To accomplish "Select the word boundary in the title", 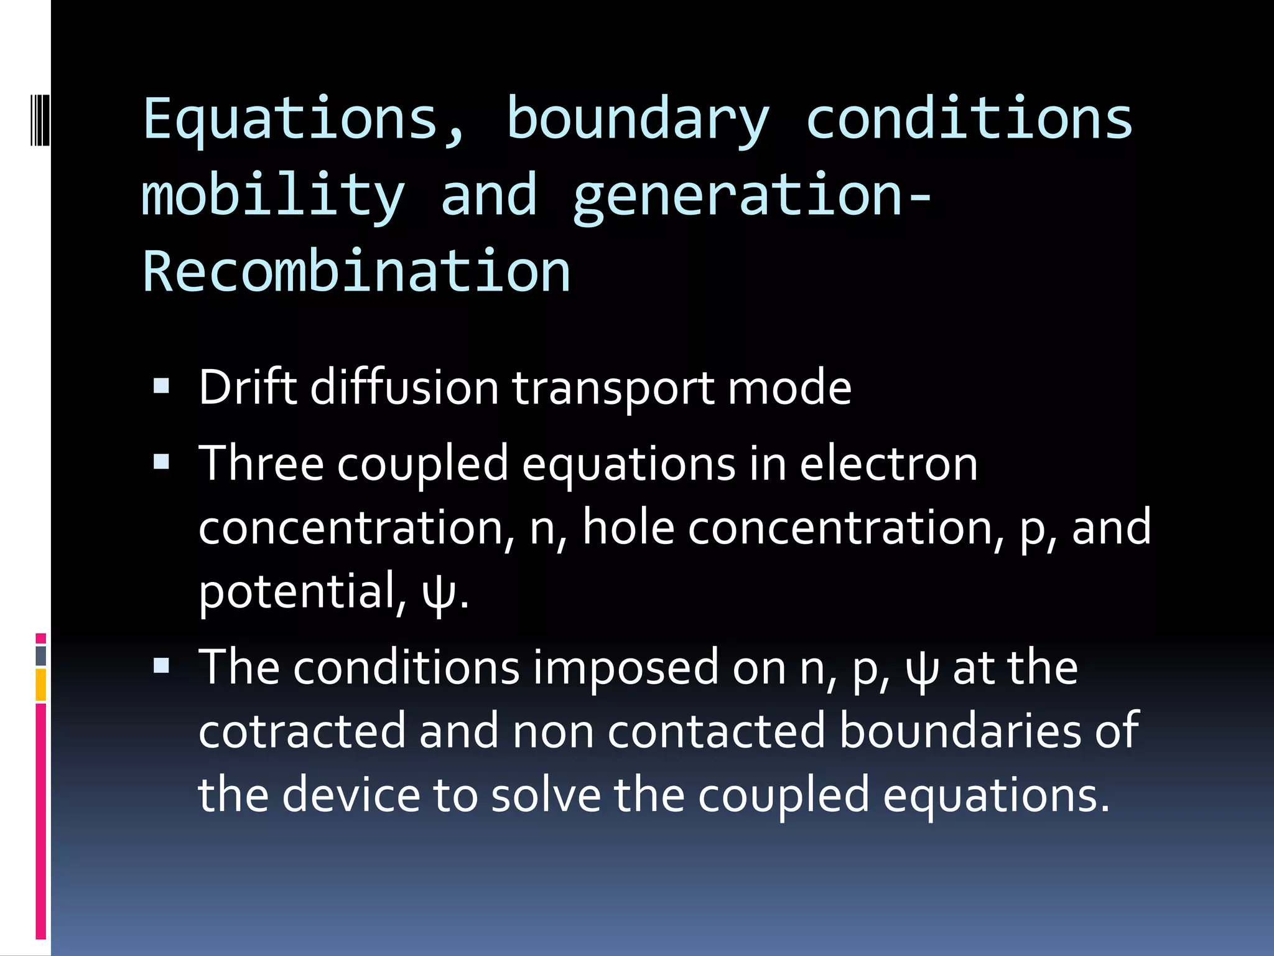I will [x=638, y=119].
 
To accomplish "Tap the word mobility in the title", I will [x=274, y=196].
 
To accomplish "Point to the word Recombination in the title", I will [x=356, y=272].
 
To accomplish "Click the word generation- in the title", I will [x=751, y=196].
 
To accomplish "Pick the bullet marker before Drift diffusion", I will [x=161, y=387].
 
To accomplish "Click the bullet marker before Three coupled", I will [x=161, y=462].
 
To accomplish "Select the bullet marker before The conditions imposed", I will [x=161, y=666].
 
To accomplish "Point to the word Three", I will [x=261, y=464].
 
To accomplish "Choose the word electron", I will [x=888, y=464].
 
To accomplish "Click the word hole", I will [x=628, y=528].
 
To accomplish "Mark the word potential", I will [x=297, y=591].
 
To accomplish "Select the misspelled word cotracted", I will [x=302, y=731].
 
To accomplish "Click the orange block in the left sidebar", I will [x=41, y=685].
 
